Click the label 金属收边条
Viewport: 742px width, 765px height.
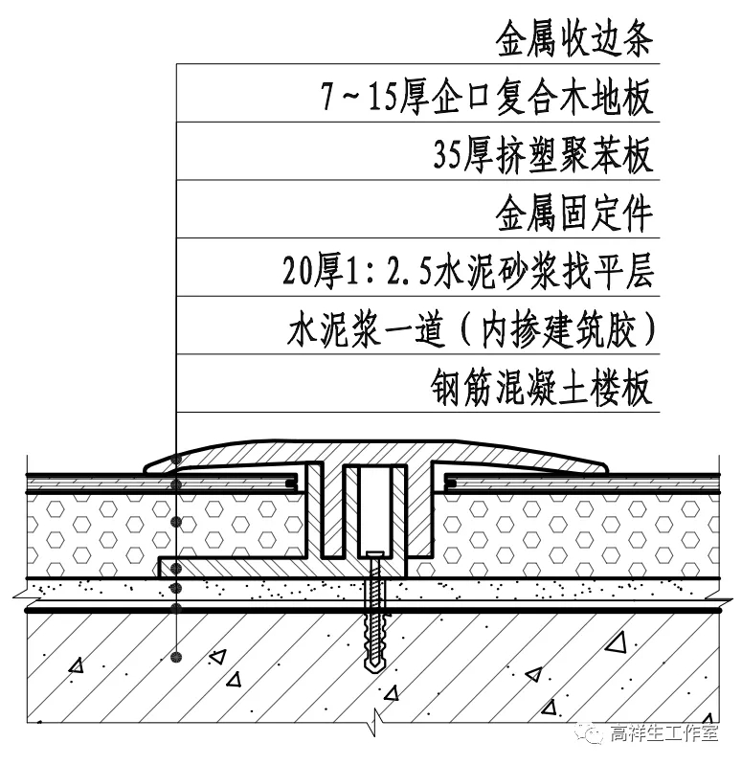click(x=573, y=40)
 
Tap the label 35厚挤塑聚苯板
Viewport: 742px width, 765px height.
click(x=543, y=156)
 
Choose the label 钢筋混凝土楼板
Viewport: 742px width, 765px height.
click(x=543, y=389)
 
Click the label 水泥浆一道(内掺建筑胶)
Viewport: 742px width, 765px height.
click(x=470, y=331)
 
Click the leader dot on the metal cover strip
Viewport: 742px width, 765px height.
click(x=176, y=464)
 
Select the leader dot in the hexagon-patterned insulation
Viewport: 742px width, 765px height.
click(x=176, y=523)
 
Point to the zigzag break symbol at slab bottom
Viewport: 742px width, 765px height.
click(x=377, y=717)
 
